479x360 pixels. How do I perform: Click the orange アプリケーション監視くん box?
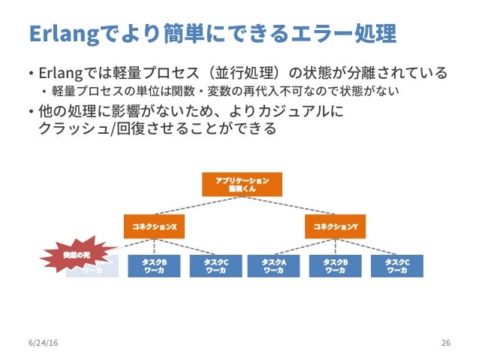coord(242,185)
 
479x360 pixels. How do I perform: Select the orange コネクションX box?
coord(154,225)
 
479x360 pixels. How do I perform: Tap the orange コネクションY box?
coord(335,225)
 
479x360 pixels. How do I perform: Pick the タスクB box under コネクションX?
coord(154,266)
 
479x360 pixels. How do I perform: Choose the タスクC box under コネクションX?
coord(215,266)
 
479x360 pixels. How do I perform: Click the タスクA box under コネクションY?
coord(273,266)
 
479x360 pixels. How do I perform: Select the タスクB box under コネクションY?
coord(335,266)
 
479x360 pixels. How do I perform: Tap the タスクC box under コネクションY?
coord(396,266)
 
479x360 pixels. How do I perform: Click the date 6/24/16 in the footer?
coord(43,343)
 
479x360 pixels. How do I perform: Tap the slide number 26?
coord(446,343)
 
